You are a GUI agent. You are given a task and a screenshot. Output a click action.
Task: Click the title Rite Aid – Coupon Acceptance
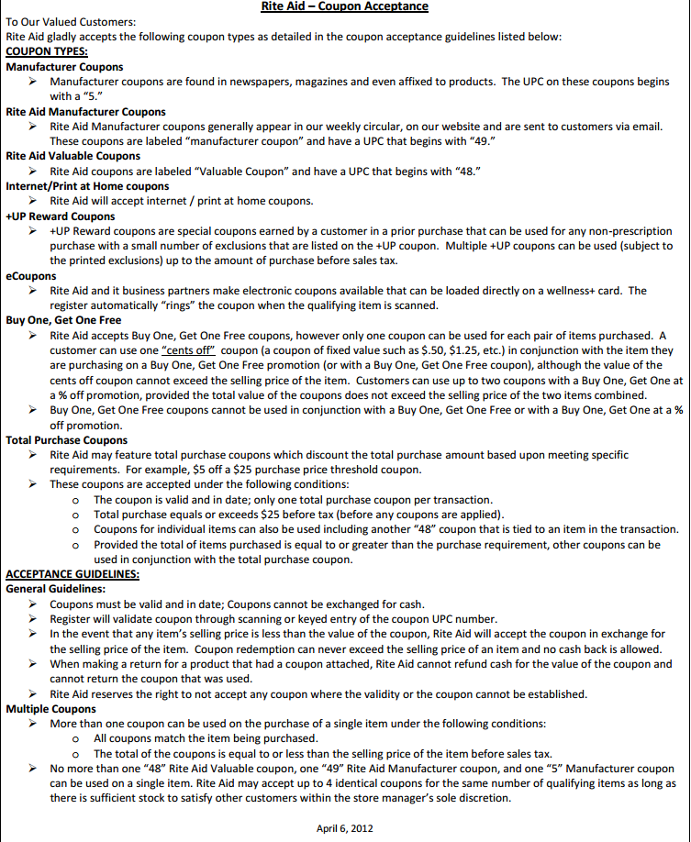pyautogui.click(x=344, y=7)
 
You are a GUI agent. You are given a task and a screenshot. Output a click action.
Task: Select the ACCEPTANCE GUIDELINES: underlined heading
pyautogui.click(x=72, y=574)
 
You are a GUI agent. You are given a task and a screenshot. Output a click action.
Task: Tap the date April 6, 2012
pyautogui.click(x=344, y=828)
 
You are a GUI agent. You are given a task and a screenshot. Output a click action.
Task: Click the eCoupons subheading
pyautogui.click(x=30, y=275)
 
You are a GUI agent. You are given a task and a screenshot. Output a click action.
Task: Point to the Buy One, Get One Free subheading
pyautogui.click(x=63, y=320)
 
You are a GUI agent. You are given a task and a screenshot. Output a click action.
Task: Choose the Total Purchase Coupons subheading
pyautogui.click(x=67, y=439)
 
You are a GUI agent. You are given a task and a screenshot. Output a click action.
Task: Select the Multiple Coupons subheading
pyautogui.click(x=50, y=709)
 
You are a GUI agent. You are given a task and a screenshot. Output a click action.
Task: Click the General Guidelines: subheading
pyautogui.click(x=55, y=589)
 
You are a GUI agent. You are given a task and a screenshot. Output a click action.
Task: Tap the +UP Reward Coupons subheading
pyautogui.click(x=60, y=216)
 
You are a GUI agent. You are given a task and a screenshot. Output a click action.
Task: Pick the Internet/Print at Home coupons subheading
pyautogui.click(x=87, y=186)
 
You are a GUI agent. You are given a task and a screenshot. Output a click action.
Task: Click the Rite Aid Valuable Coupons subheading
pyautogui.click(x=72, y=156)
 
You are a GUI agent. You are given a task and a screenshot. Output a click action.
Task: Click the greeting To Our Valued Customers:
pyautogui.click(x=70, y=21)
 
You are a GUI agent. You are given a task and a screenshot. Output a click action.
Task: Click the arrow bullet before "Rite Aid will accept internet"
pyautogui.click(x=32, y=201)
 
